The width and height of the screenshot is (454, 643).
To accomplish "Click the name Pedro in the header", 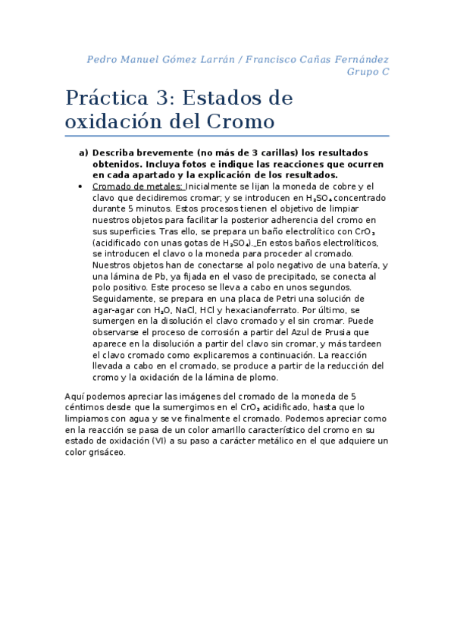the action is point(102,58).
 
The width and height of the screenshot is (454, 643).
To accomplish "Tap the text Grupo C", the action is point(368,72).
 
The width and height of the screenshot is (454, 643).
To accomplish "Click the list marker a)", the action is point(83,152).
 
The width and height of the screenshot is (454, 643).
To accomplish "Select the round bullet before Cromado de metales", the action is point(81,186).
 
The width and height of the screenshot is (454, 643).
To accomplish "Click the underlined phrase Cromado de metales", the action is point(137,186).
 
